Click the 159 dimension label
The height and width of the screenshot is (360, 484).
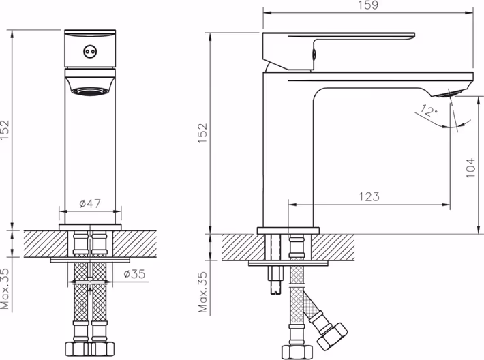point(368,5)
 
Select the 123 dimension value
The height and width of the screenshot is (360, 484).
point(369,196)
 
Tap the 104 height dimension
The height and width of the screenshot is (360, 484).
point(470,168)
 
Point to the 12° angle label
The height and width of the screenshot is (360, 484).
point(429,111)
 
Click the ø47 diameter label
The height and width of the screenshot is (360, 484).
point(90,203)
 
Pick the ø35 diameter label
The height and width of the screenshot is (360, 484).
point(134,273)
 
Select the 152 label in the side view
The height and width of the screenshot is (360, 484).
point(202,133)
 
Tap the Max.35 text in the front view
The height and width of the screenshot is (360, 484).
point(5,288)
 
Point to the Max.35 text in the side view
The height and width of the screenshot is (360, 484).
point(202,292)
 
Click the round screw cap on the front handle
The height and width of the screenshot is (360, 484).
point(89,52)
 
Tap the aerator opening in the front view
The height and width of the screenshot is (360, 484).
point(90,91)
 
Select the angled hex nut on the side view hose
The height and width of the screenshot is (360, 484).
point(333,337)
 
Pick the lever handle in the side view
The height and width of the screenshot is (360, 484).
point(338,50)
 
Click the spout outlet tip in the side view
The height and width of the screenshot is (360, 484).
point(451,93)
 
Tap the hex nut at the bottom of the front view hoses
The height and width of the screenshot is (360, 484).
point(90,349)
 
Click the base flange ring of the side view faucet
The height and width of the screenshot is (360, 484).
point(288,230)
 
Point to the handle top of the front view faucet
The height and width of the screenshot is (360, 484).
point(90,32)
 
